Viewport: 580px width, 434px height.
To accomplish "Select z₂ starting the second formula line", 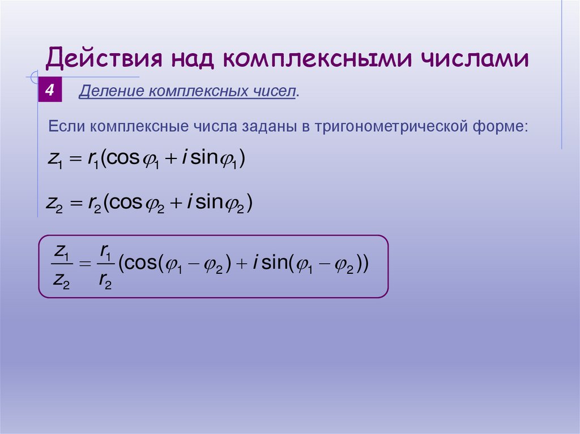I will [54, 203].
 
